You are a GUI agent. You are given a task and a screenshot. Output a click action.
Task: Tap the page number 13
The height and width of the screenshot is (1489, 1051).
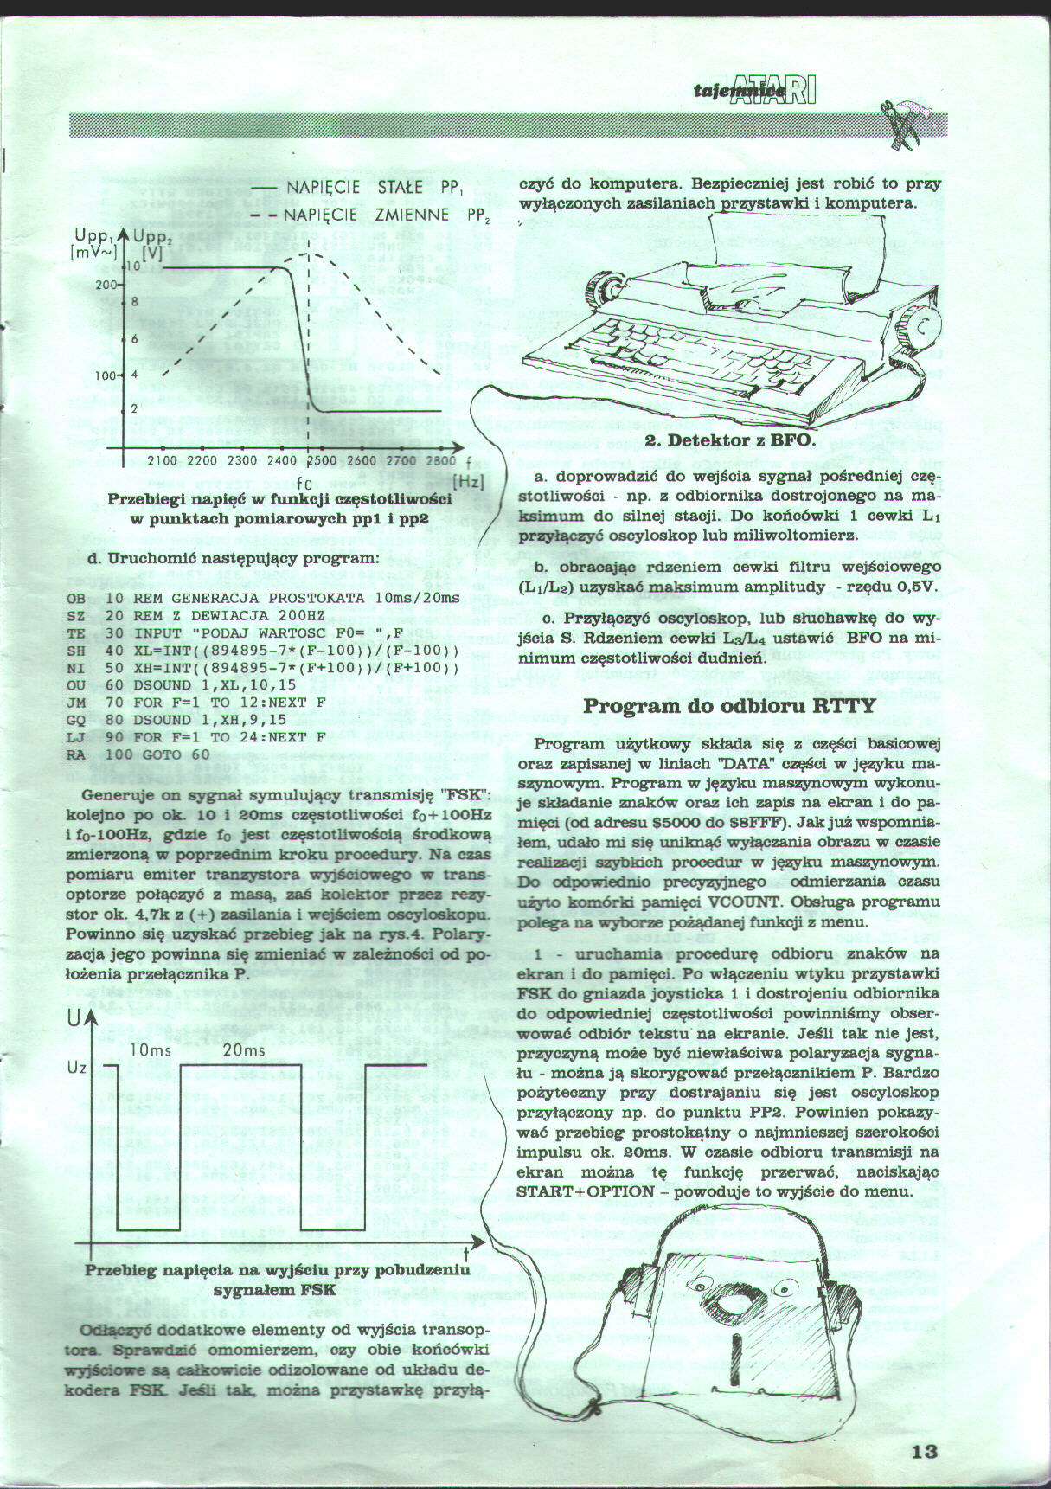point(925,1451)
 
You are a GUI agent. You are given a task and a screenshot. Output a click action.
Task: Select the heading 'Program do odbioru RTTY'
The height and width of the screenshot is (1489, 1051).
point(729,705)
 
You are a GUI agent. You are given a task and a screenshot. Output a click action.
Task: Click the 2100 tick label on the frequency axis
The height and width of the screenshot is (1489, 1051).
point(163,461)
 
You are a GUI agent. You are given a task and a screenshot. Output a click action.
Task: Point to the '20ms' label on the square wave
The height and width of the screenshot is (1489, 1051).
point(244,1050)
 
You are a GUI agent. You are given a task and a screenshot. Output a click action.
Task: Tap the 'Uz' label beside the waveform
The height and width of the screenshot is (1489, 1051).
point(76,1068)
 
